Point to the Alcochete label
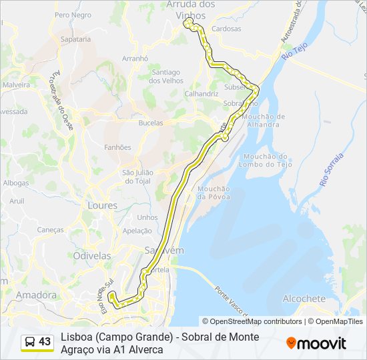pos(304,299)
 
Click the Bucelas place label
pos(150,123)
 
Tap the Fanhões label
pos(118,147)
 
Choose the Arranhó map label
pos(135,59)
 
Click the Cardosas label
pos(226,29)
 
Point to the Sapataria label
pos(75,39)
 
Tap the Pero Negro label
pos(73,15)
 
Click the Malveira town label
pos(16,85)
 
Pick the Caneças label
pos(51,229)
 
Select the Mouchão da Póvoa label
pos(214,193)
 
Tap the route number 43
pos(45,342)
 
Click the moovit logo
pos(316,343)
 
